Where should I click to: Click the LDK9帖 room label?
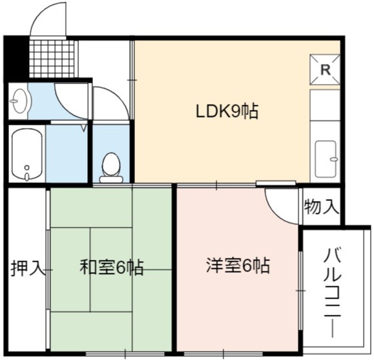click(x=227, y=111)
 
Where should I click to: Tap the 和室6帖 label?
click(x=112, y=267)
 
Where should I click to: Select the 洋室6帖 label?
click(x=238, y=266)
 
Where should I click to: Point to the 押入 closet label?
click(x=28, y=268)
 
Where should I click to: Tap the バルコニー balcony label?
click(x=333, y=293)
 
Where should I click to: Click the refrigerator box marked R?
click(x=325, y=69)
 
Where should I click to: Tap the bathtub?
click(x=27, y=154)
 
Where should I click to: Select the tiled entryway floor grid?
click(x=52, y=59)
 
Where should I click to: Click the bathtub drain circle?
click(x=27, y=167)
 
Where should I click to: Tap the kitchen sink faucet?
click(x=334, y=159)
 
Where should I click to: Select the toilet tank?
click(x=111, y=180)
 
